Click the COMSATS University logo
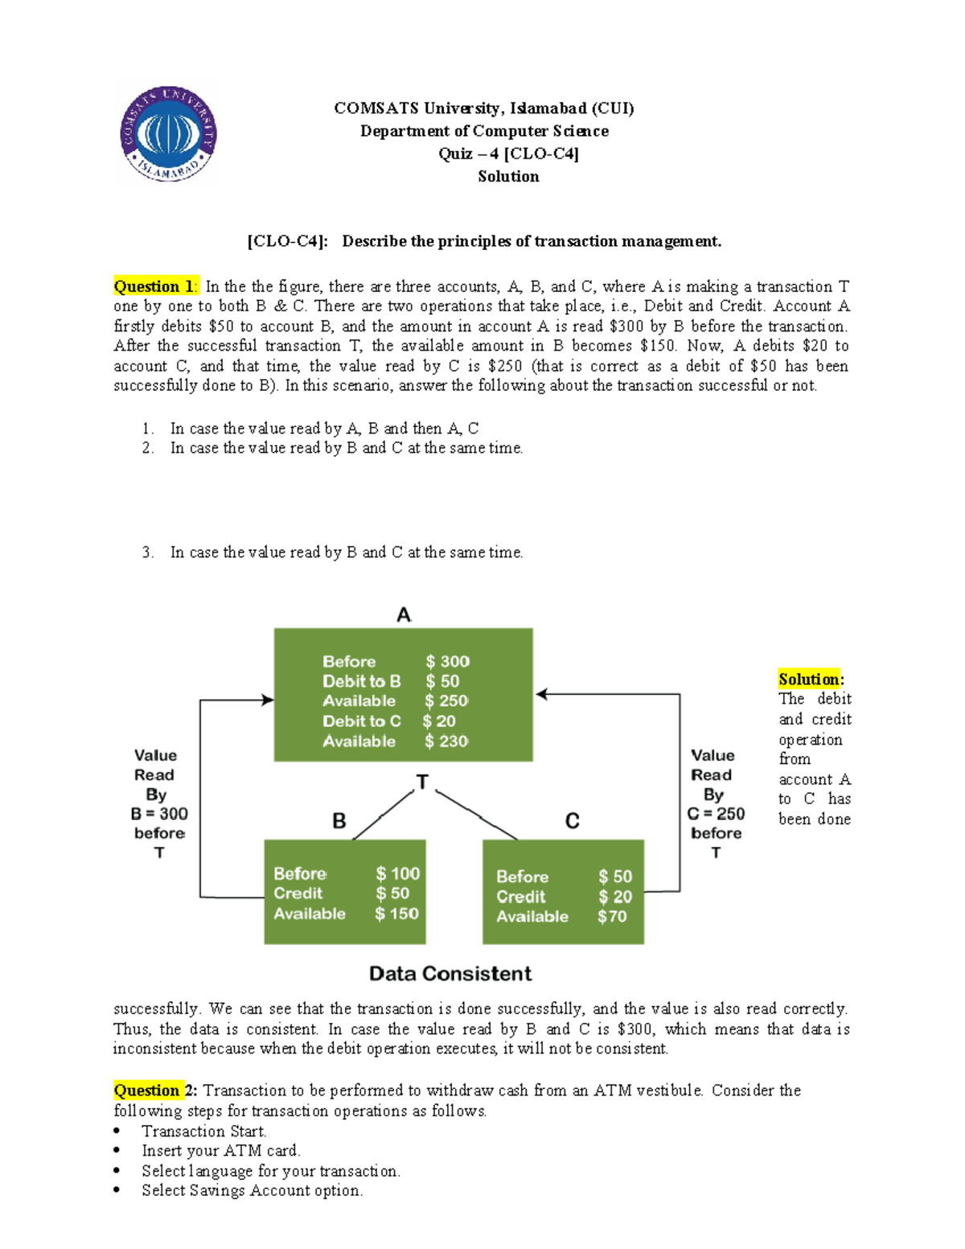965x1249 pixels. [168, 134]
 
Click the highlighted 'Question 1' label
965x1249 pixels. [154, 286]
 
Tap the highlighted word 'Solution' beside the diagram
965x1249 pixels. [809, 679]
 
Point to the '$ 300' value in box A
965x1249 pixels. [447, 661]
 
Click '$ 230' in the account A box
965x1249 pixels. [446, 741]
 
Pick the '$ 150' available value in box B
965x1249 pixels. [396, 914]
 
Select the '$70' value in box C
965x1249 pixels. [612, 916]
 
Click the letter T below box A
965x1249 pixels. [422, 783]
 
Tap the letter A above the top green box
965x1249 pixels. [404, 615]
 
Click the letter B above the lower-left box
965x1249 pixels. [339, 821]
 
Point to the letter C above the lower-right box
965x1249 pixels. [573, 821]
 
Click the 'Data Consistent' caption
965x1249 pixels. [450, 974]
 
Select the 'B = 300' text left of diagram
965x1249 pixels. [159, 814]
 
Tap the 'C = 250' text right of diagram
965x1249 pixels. [716, 814]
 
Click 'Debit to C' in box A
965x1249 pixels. [362, 721]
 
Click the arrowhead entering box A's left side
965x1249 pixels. [268, 700]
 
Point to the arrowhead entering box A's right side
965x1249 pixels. [541, 694]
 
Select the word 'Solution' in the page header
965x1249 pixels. [508, 176]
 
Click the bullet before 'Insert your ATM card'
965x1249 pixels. [118, 1151]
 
